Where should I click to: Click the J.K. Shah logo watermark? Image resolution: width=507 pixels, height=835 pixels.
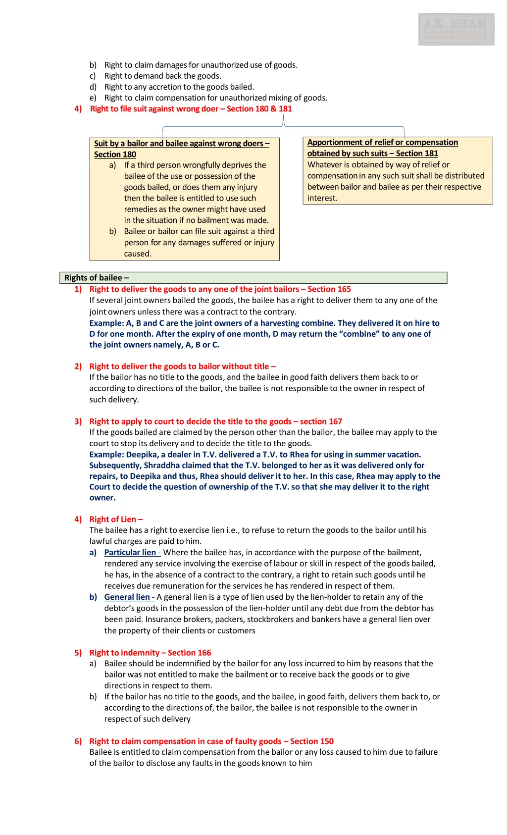[456, 29]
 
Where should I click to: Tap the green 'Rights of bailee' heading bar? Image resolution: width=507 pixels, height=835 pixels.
[253, 278]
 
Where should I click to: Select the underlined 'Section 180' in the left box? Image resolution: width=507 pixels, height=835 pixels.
[115, 155]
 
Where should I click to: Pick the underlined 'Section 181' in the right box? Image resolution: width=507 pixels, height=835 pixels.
[417, 154]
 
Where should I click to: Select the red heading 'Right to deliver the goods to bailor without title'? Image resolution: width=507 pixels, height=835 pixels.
[182, 366]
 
